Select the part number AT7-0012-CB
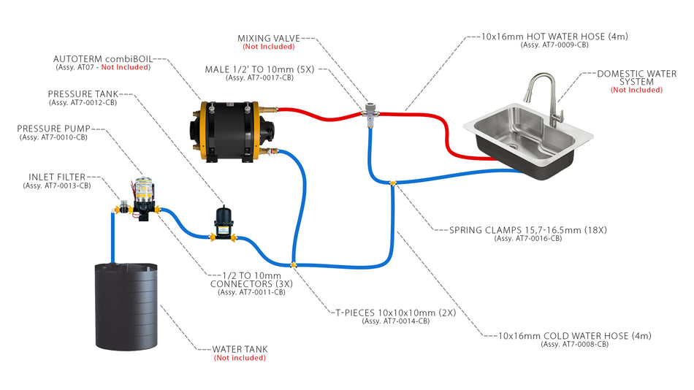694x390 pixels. [83, 103]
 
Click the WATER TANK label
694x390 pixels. [240, 349]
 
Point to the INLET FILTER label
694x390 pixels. [57, 177]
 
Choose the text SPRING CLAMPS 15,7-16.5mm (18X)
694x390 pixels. [528, 230]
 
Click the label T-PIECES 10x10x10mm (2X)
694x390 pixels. [395, 312]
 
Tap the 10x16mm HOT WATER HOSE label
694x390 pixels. [555, 36]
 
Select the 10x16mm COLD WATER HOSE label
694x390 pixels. [574, 336]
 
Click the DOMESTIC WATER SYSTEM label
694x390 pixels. [636, 77]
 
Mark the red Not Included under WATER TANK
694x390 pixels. [240, 358]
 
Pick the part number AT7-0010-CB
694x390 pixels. [53, 137]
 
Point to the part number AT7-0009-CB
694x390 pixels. [555, 45]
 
